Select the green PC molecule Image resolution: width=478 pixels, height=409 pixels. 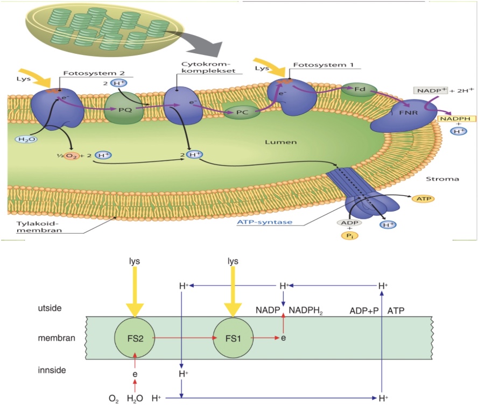click(242, 112)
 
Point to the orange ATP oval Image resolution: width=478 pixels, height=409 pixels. click(422, 199)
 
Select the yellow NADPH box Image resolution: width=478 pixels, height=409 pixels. click(454, 120)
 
